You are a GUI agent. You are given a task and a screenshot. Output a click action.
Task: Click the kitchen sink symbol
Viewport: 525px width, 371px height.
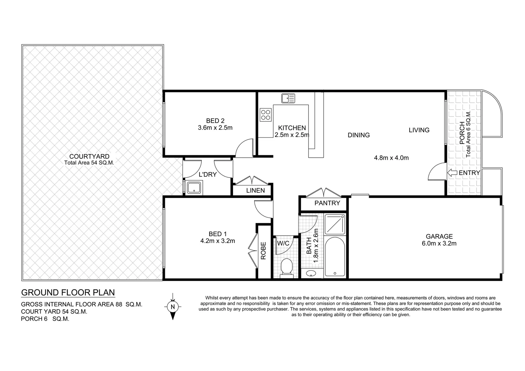[x=288, y=98]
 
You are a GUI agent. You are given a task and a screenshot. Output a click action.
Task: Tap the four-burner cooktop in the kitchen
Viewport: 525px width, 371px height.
[x=265, y=114]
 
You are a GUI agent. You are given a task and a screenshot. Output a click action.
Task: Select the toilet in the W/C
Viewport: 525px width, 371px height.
[x=286, y=268]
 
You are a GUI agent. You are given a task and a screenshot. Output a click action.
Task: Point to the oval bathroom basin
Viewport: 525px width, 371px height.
[x=311, y=274]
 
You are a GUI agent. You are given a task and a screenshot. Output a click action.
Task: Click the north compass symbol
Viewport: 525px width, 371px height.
[x=172, y=306]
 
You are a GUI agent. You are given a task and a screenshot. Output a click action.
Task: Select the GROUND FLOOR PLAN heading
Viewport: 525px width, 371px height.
[x=68, y=293]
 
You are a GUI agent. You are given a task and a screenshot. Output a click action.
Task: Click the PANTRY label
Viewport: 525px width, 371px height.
[x=327, y=203]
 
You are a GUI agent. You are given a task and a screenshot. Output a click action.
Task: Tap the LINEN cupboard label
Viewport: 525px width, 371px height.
[x=255, y=190]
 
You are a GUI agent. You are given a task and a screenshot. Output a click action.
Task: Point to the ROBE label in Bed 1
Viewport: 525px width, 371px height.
[x=263, y=250]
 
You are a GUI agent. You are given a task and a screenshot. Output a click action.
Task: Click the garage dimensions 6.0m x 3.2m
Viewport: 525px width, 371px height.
[x=439, y=244]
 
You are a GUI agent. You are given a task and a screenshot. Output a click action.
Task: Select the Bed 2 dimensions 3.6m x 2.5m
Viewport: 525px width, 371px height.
[x=215, y=128]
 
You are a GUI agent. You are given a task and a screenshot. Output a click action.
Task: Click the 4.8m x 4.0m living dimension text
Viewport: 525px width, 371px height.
[x=391, y=158]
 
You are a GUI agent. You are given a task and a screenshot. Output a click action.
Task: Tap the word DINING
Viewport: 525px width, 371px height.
[x=358, y=135]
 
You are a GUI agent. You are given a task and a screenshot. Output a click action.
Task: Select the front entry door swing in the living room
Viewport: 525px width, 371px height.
[x=436, y=172]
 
